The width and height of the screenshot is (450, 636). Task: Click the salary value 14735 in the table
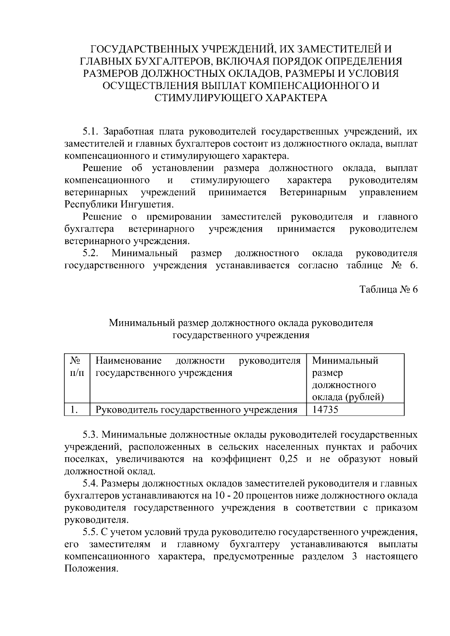tap(325, 410)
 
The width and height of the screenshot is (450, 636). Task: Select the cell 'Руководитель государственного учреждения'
tap(196, 410)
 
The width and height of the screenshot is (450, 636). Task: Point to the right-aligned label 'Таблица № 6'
tap(388, 290)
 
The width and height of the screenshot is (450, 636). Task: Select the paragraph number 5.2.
tap(90, 253)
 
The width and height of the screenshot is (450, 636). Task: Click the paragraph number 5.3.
tap(90, 435)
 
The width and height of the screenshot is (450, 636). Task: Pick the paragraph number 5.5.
tap(90, 532)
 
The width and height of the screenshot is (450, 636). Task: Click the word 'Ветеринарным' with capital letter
tap(313, 193)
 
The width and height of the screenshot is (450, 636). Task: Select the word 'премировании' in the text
tap(179, 217)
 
